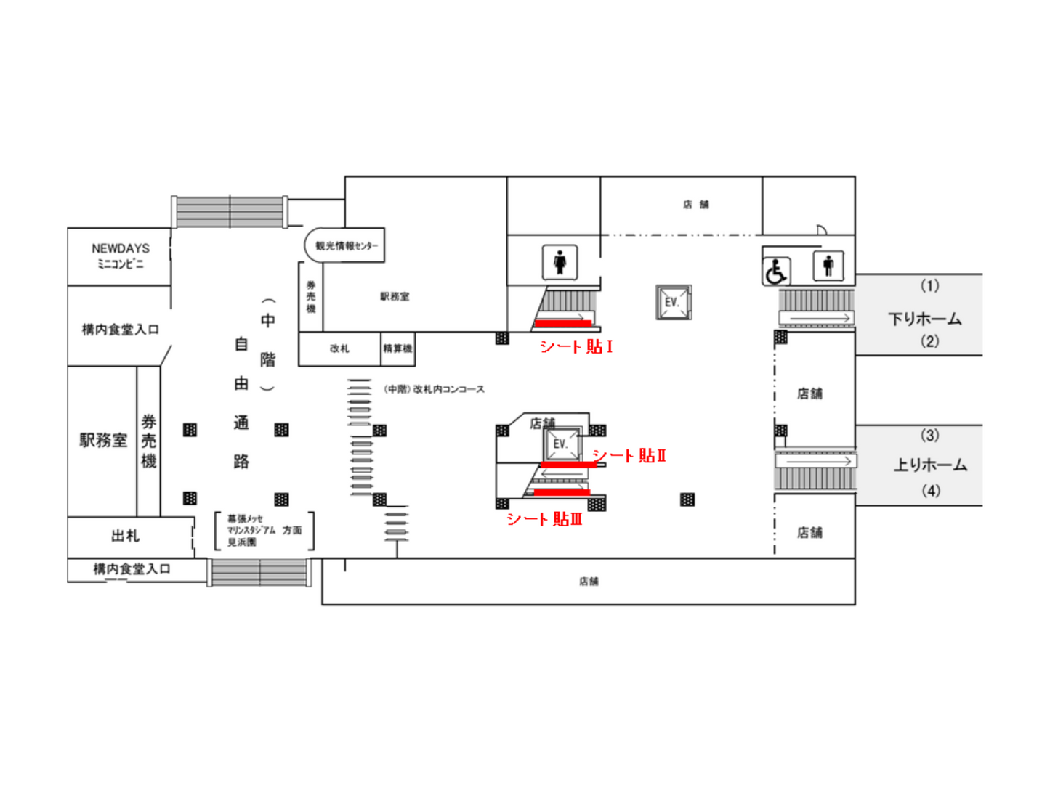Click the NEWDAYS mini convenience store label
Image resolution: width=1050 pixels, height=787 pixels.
click(x=120, y=256)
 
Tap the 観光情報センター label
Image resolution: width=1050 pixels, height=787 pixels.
click(x=346, y=246)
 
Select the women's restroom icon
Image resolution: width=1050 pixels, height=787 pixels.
click(x=560, y=262)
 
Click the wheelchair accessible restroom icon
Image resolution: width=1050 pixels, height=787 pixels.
click(x=776, y=272)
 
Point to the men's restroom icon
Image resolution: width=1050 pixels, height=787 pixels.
click(x=828, y=266)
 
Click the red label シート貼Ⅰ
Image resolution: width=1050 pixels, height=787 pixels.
click(x=576, y=346)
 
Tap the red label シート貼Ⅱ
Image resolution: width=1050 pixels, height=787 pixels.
click(x=629, y=456)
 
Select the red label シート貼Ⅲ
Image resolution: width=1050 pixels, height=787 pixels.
click(x=544, y=518)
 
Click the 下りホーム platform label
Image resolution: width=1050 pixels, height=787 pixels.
click(x=924, y=319)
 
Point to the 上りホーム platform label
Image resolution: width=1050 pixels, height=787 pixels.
click(x=930, y=465)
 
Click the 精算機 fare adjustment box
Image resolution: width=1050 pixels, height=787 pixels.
click(x=397, y=348)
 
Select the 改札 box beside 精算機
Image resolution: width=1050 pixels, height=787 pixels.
click(x=339, y=348)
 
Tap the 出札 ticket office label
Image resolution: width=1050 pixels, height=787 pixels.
click(x=125, y=536)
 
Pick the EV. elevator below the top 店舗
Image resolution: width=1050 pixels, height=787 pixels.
click(x=674, y=302)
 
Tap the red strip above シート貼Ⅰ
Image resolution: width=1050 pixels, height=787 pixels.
click(x=563, y=323)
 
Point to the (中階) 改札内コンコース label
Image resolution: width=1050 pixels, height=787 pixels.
click(x=434, y=389)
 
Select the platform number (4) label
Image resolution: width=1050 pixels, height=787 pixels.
click(x=931, y=491)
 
